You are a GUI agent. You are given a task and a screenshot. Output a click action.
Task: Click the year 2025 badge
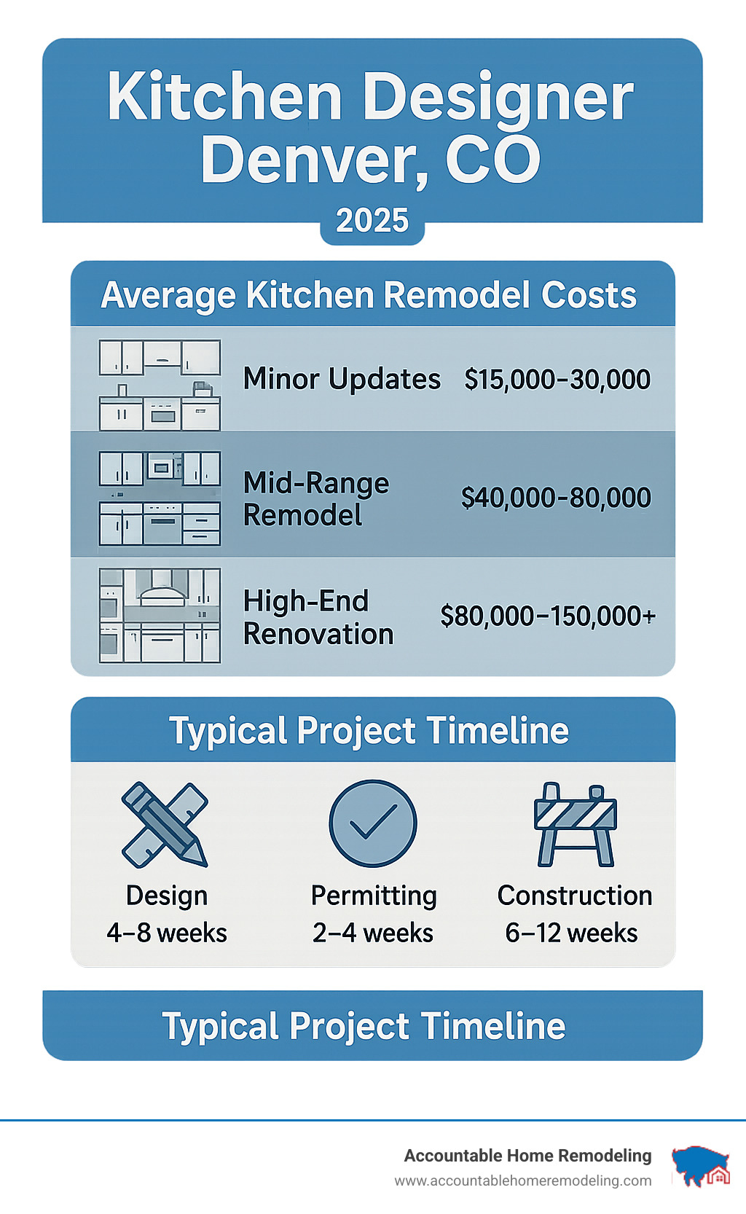click(372, 221)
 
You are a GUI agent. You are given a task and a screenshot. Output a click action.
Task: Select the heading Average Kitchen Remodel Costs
click(369, 295)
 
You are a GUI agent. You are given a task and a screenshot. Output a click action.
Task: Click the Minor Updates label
click(342, 379)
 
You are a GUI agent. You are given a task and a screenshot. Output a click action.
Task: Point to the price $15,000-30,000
click(557, 379)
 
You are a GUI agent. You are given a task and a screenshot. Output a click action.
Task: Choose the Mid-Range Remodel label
click(316, 499)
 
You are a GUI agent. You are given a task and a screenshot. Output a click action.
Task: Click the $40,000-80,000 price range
click(556, 498)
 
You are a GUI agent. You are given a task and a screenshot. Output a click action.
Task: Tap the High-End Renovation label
click(318, 617)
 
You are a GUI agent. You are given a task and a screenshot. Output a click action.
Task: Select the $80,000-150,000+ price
click(548, 616)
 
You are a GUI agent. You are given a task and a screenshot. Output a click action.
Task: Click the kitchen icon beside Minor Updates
click(160, 385)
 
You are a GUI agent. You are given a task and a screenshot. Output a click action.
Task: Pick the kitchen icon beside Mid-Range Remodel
click(160, 498)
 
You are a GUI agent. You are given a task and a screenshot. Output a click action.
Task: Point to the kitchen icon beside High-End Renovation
click(160, 616)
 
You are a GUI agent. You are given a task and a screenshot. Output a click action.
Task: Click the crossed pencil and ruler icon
click(165, 824)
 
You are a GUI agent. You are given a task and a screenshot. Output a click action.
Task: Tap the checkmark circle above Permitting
click(372, 823)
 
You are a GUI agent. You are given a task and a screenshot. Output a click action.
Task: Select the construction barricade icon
click(576, 824)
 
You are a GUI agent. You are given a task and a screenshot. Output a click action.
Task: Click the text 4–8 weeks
click(167, 933)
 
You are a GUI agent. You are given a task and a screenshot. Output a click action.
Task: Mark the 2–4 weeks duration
click(373, 933)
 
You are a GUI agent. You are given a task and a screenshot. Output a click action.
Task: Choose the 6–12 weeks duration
click(571, 933)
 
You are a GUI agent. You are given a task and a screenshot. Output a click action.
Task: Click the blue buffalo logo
click(699, 1166)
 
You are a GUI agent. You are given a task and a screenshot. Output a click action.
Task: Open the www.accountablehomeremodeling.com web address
click(523, 1180)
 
